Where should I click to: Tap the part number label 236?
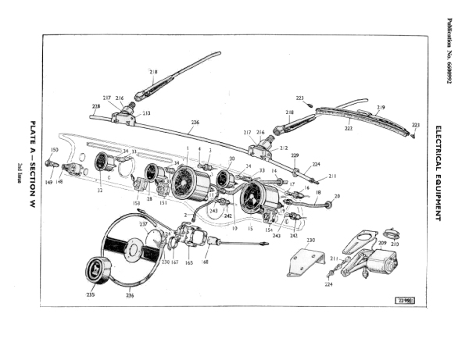click(128, 295)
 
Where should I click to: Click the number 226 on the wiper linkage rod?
click(195, 122)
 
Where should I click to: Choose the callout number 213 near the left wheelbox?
click(146, 113)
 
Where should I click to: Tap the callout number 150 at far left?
click(55, 149)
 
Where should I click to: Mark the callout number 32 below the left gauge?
click(99, 190)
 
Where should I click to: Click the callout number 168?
click(206, 263)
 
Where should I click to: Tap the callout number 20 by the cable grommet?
click(338, 196)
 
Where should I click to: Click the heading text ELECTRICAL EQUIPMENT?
click(439, 173)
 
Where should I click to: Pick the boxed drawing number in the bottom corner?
click(403, 299)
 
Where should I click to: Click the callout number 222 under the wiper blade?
click(349, 128)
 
